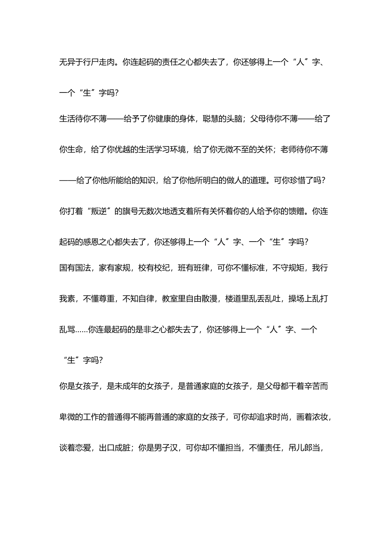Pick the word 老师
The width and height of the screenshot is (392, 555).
click(x=288, y=149)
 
